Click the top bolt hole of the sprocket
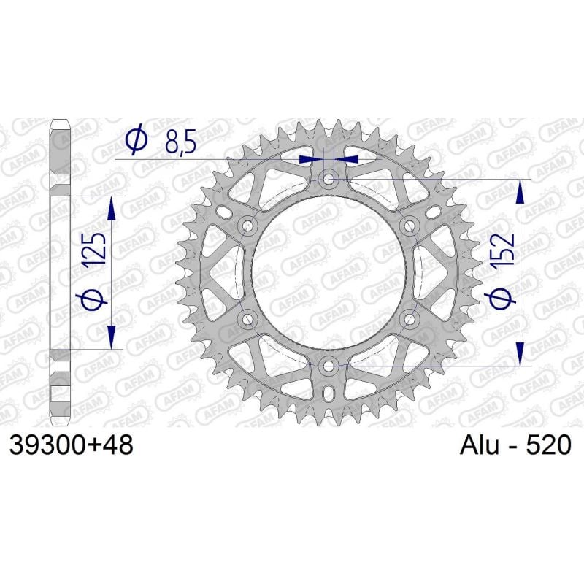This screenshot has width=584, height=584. pos(329,177)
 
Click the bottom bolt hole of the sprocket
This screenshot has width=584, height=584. pos(329,365)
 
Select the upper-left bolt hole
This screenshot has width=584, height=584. pos(248,225)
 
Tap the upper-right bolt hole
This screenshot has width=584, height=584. pos(410,225)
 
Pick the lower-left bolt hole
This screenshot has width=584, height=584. pos(248,318)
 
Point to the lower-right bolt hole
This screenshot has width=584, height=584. pos(410,318)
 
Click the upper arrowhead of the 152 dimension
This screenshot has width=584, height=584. pos(520,191)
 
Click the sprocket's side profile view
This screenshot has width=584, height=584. pos(61,270)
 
